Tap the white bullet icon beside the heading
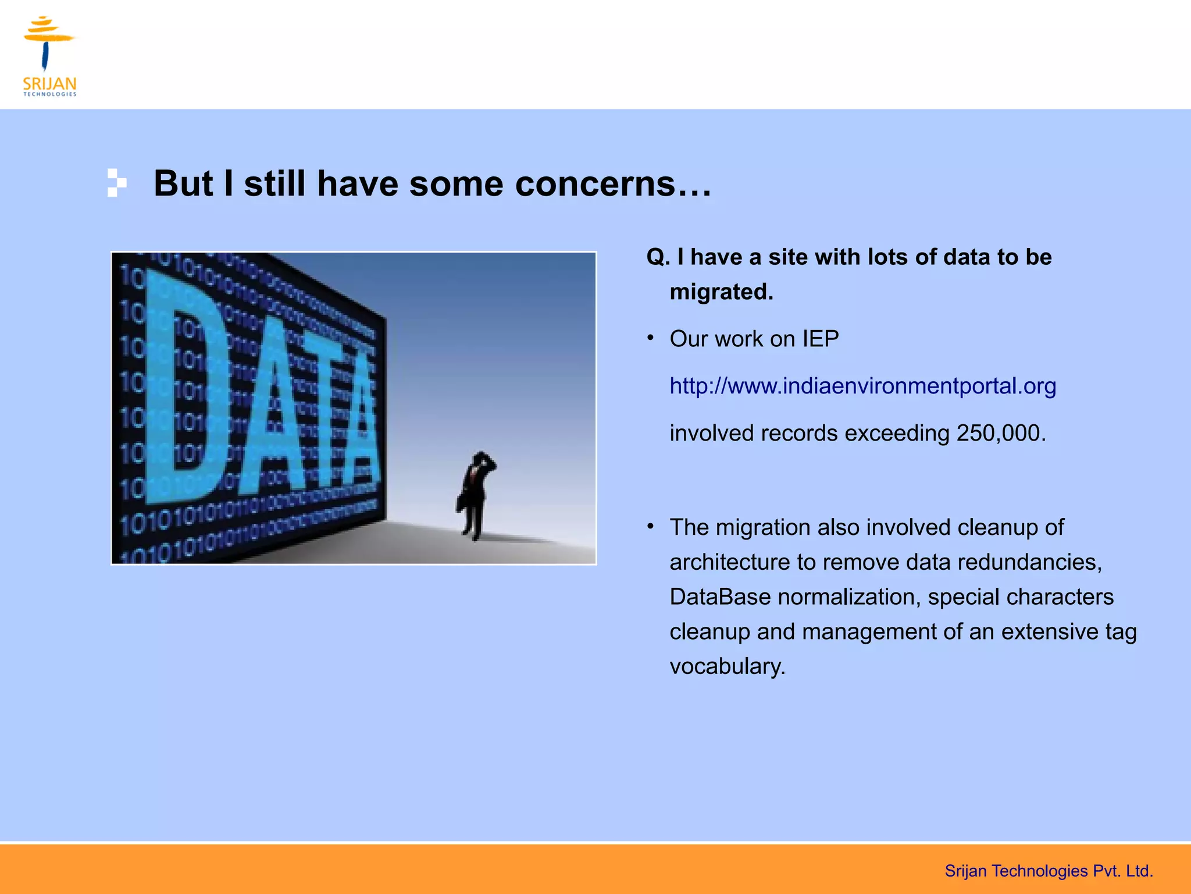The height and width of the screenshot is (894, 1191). pyautogui.click(x=116, y=183)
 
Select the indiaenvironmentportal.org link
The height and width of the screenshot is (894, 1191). pyautogui.click(x=862, y=386)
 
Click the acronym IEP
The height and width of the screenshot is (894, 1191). pyautogui.click(x=820, y=339)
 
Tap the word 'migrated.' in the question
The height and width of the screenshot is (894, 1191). pyautogui.click(x=721, y=292)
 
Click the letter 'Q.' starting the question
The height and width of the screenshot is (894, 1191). pyautogui.click(x=658, y=257)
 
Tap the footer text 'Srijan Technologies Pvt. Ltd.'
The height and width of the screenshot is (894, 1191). pyautogui.click(x=1048, y=871)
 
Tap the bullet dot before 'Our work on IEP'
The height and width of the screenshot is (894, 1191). pyautogui.click(x=651, y=338)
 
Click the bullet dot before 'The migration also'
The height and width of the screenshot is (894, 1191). pyautogui.click(x=651, y=527)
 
